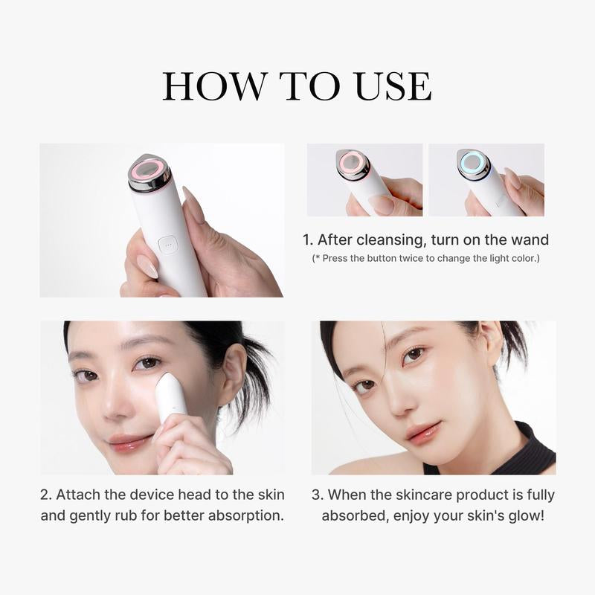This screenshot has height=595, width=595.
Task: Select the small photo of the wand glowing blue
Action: tap(486, 180)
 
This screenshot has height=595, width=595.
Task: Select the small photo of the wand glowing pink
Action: tap(364, 180)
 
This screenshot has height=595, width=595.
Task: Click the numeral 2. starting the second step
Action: tap(46, 495)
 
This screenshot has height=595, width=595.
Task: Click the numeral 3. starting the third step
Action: tap(317, 495)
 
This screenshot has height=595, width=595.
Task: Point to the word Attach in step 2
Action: tap(80, 495)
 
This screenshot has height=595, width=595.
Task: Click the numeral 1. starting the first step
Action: tap(307, 239)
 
